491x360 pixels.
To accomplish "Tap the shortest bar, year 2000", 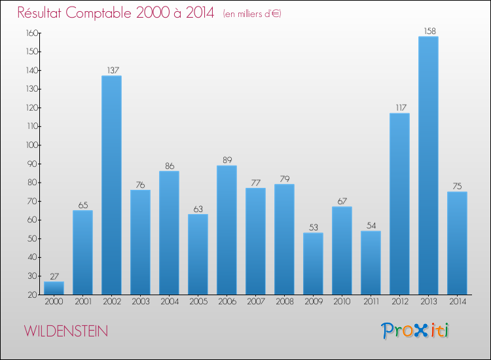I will [x=54, y=287].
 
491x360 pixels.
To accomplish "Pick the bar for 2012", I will [x=399, y=204].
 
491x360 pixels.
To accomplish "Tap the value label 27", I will [x=54, y=276].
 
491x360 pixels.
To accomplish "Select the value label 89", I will [x=227, y=160].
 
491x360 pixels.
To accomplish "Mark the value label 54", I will [x=371, y=225].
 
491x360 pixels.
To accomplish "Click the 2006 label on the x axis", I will [x=227, y=302].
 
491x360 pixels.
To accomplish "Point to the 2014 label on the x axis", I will [x=457, y=302].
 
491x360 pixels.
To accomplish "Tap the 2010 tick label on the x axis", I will [x=342, y=302].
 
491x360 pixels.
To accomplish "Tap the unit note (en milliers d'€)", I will [x=252, y=14].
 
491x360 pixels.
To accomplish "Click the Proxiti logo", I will [x=416, y=331].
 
